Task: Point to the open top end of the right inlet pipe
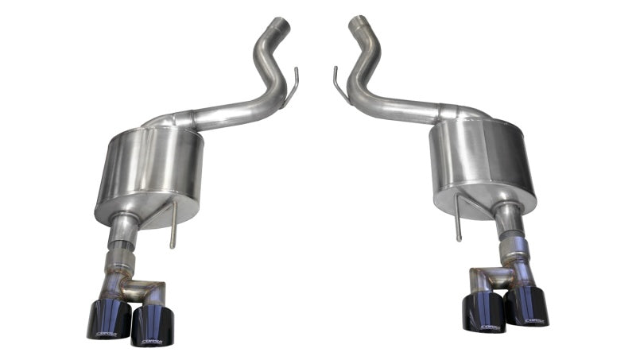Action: pyautogui.click(x=357, y=22)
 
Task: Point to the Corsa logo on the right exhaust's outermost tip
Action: pyautogui.click(x=534, y=321)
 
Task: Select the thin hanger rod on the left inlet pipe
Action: pyautogui.click(x=293, y=87)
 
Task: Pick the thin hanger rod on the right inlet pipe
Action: pyautogui.click(x=339, y=85)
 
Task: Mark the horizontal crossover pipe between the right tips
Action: pyautogui.click(x=489, y=277)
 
